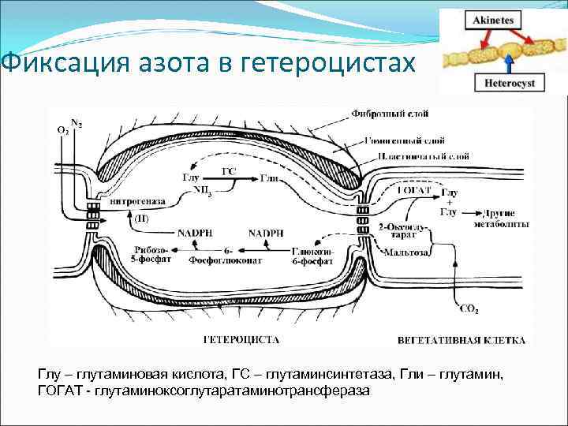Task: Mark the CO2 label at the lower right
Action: pyautogui.click(x=468, y=309)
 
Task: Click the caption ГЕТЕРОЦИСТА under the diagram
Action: pyautogui.click(x=241, y=340)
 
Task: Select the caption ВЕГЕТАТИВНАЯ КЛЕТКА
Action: pyautogui.click(x=461, y=340)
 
